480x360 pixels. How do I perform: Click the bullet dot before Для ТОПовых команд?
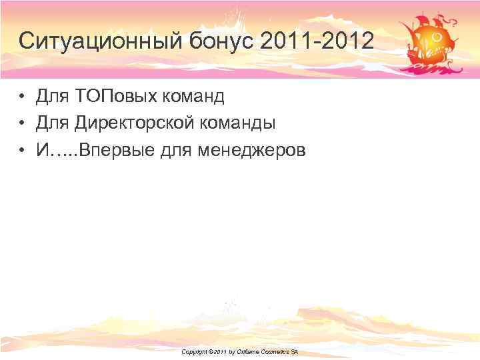click(x=23, y=97)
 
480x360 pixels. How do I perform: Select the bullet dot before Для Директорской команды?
click(x=23, y=124)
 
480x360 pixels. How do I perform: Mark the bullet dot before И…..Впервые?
click(x=23, y=151)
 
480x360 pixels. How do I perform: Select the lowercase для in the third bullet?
click(x=176, y=151)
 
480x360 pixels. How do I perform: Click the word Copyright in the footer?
click(x=195, y=351)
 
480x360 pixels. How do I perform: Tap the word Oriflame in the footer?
click(x=252, y=351)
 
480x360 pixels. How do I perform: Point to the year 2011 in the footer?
click(x=222, y=351)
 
